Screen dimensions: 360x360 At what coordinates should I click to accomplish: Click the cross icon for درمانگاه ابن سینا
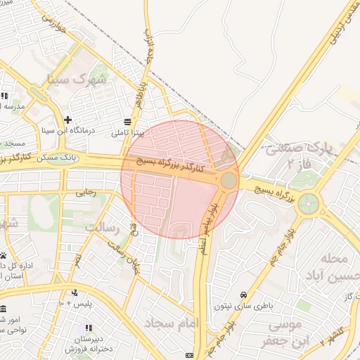click(x=67, y=120)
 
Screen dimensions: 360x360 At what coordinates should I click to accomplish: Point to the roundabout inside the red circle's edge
click(x=229, y=181)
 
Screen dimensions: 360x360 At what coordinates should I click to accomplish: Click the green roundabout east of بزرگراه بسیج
click(x=308, y=205)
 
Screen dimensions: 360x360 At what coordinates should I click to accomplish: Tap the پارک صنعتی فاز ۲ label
click(x=295, y=156)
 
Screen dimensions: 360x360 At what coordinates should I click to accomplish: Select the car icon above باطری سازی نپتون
click(x=243, y=294)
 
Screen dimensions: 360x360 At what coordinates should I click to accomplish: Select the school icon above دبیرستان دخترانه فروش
click(x=89, y=328)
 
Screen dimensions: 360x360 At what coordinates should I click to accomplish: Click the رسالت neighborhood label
click(x=104, y=227)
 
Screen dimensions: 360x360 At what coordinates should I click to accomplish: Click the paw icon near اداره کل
click(x=4, y=255)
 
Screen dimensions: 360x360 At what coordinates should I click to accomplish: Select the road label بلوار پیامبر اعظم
click(x=208, y=229)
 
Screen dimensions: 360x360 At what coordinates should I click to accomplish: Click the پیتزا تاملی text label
click(x=127, y=132)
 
